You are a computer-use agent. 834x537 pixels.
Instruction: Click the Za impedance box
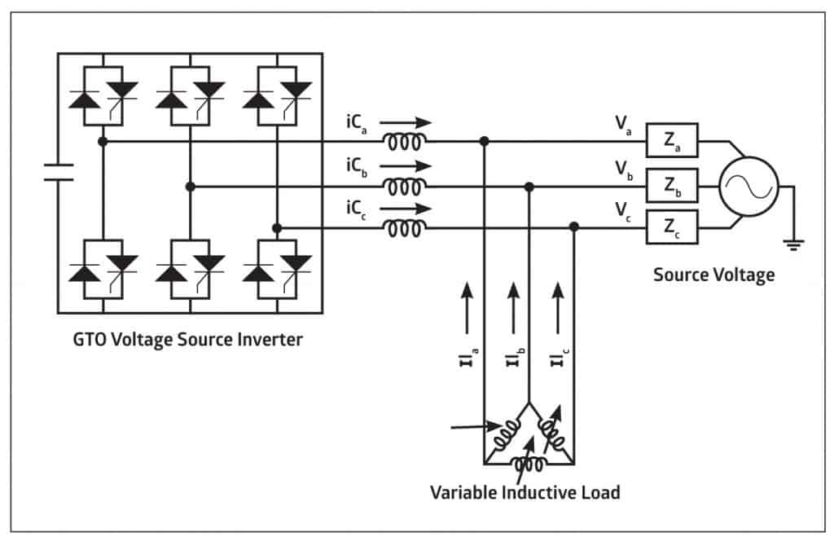point(672,140)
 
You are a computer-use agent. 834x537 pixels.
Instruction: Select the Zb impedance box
point(672,185)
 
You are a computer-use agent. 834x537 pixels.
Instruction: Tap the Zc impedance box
point(672,227)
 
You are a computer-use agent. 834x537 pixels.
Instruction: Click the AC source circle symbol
point(748,187)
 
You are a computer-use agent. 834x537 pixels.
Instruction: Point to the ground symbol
point(793,244)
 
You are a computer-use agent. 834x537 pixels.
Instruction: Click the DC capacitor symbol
point(59,173)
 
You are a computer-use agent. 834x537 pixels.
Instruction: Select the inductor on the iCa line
point(405,142)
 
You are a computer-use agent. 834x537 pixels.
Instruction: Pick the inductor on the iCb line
point(405,187)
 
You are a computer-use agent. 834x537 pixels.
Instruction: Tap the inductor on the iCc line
point(405,229)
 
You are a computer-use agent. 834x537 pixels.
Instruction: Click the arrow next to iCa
point(406,122)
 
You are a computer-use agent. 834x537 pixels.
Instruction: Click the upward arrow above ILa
point(467,308)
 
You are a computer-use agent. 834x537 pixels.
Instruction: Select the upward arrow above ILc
point(558,308)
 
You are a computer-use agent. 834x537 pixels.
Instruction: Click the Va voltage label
point(623,125)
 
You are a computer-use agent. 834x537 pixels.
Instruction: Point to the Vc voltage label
point(623,211)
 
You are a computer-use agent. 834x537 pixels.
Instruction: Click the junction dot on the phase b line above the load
point(529,187)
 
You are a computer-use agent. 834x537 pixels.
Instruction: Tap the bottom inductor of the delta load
point(528,464)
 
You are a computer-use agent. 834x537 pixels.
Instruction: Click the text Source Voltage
point(713,275)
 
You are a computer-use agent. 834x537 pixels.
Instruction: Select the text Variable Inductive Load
point(525,492)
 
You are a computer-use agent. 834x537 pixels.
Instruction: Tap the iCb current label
point(357,167)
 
